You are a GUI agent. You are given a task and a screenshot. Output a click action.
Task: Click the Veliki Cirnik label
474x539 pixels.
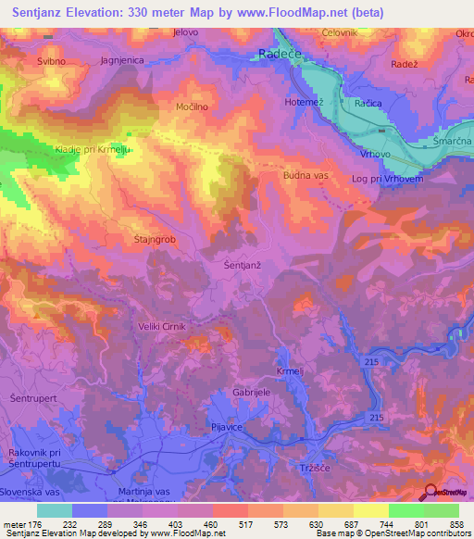(x=185, y=326)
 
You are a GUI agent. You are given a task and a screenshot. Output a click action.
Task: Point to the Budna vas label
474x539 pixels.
(x=306, y=173)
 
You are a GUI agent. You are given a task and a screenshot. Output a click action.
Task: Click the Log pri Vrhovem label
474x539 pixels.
(x=388, y=178)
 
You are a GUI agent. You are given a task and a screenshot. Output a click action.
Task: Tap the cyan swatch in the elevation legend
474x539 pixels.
(x=55, y=510)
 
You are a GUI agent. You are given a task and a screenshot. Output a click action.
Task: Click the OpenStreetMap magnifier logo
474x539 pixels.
(x=431, y=494)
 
